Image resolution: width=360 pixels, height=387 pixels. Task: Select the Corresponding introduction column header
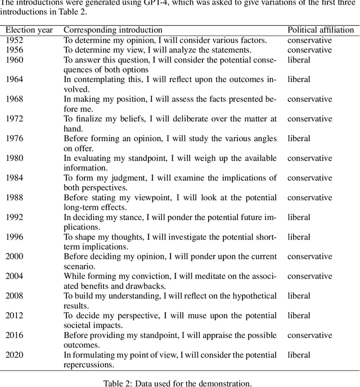[x=113, y=30]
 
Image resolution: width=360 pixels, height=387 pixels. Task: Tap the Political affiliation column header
[x=321, y=30]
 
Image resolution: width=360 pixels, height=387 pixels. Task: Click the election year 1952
[x=15, y=40]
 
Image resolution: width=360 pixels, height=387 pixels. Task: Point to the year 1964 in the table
[x=15, y=79]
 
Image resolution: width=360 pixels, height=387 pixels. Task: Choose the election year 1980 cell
[x=15, y=158]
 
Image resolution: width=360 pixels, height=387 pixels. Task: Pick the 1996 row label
[x=15, y=237]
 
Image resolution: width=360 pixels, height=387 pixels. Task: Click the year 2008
[x=15, y=296]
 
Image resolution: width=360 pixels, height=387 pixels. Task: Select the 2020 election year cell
[x=15, y=355]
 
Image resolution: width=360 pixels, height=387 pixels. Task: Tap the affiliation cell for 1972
[x=310, y=119]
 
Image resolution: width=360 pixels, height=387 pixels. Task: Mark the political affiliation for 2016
[x=310, y=335]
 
